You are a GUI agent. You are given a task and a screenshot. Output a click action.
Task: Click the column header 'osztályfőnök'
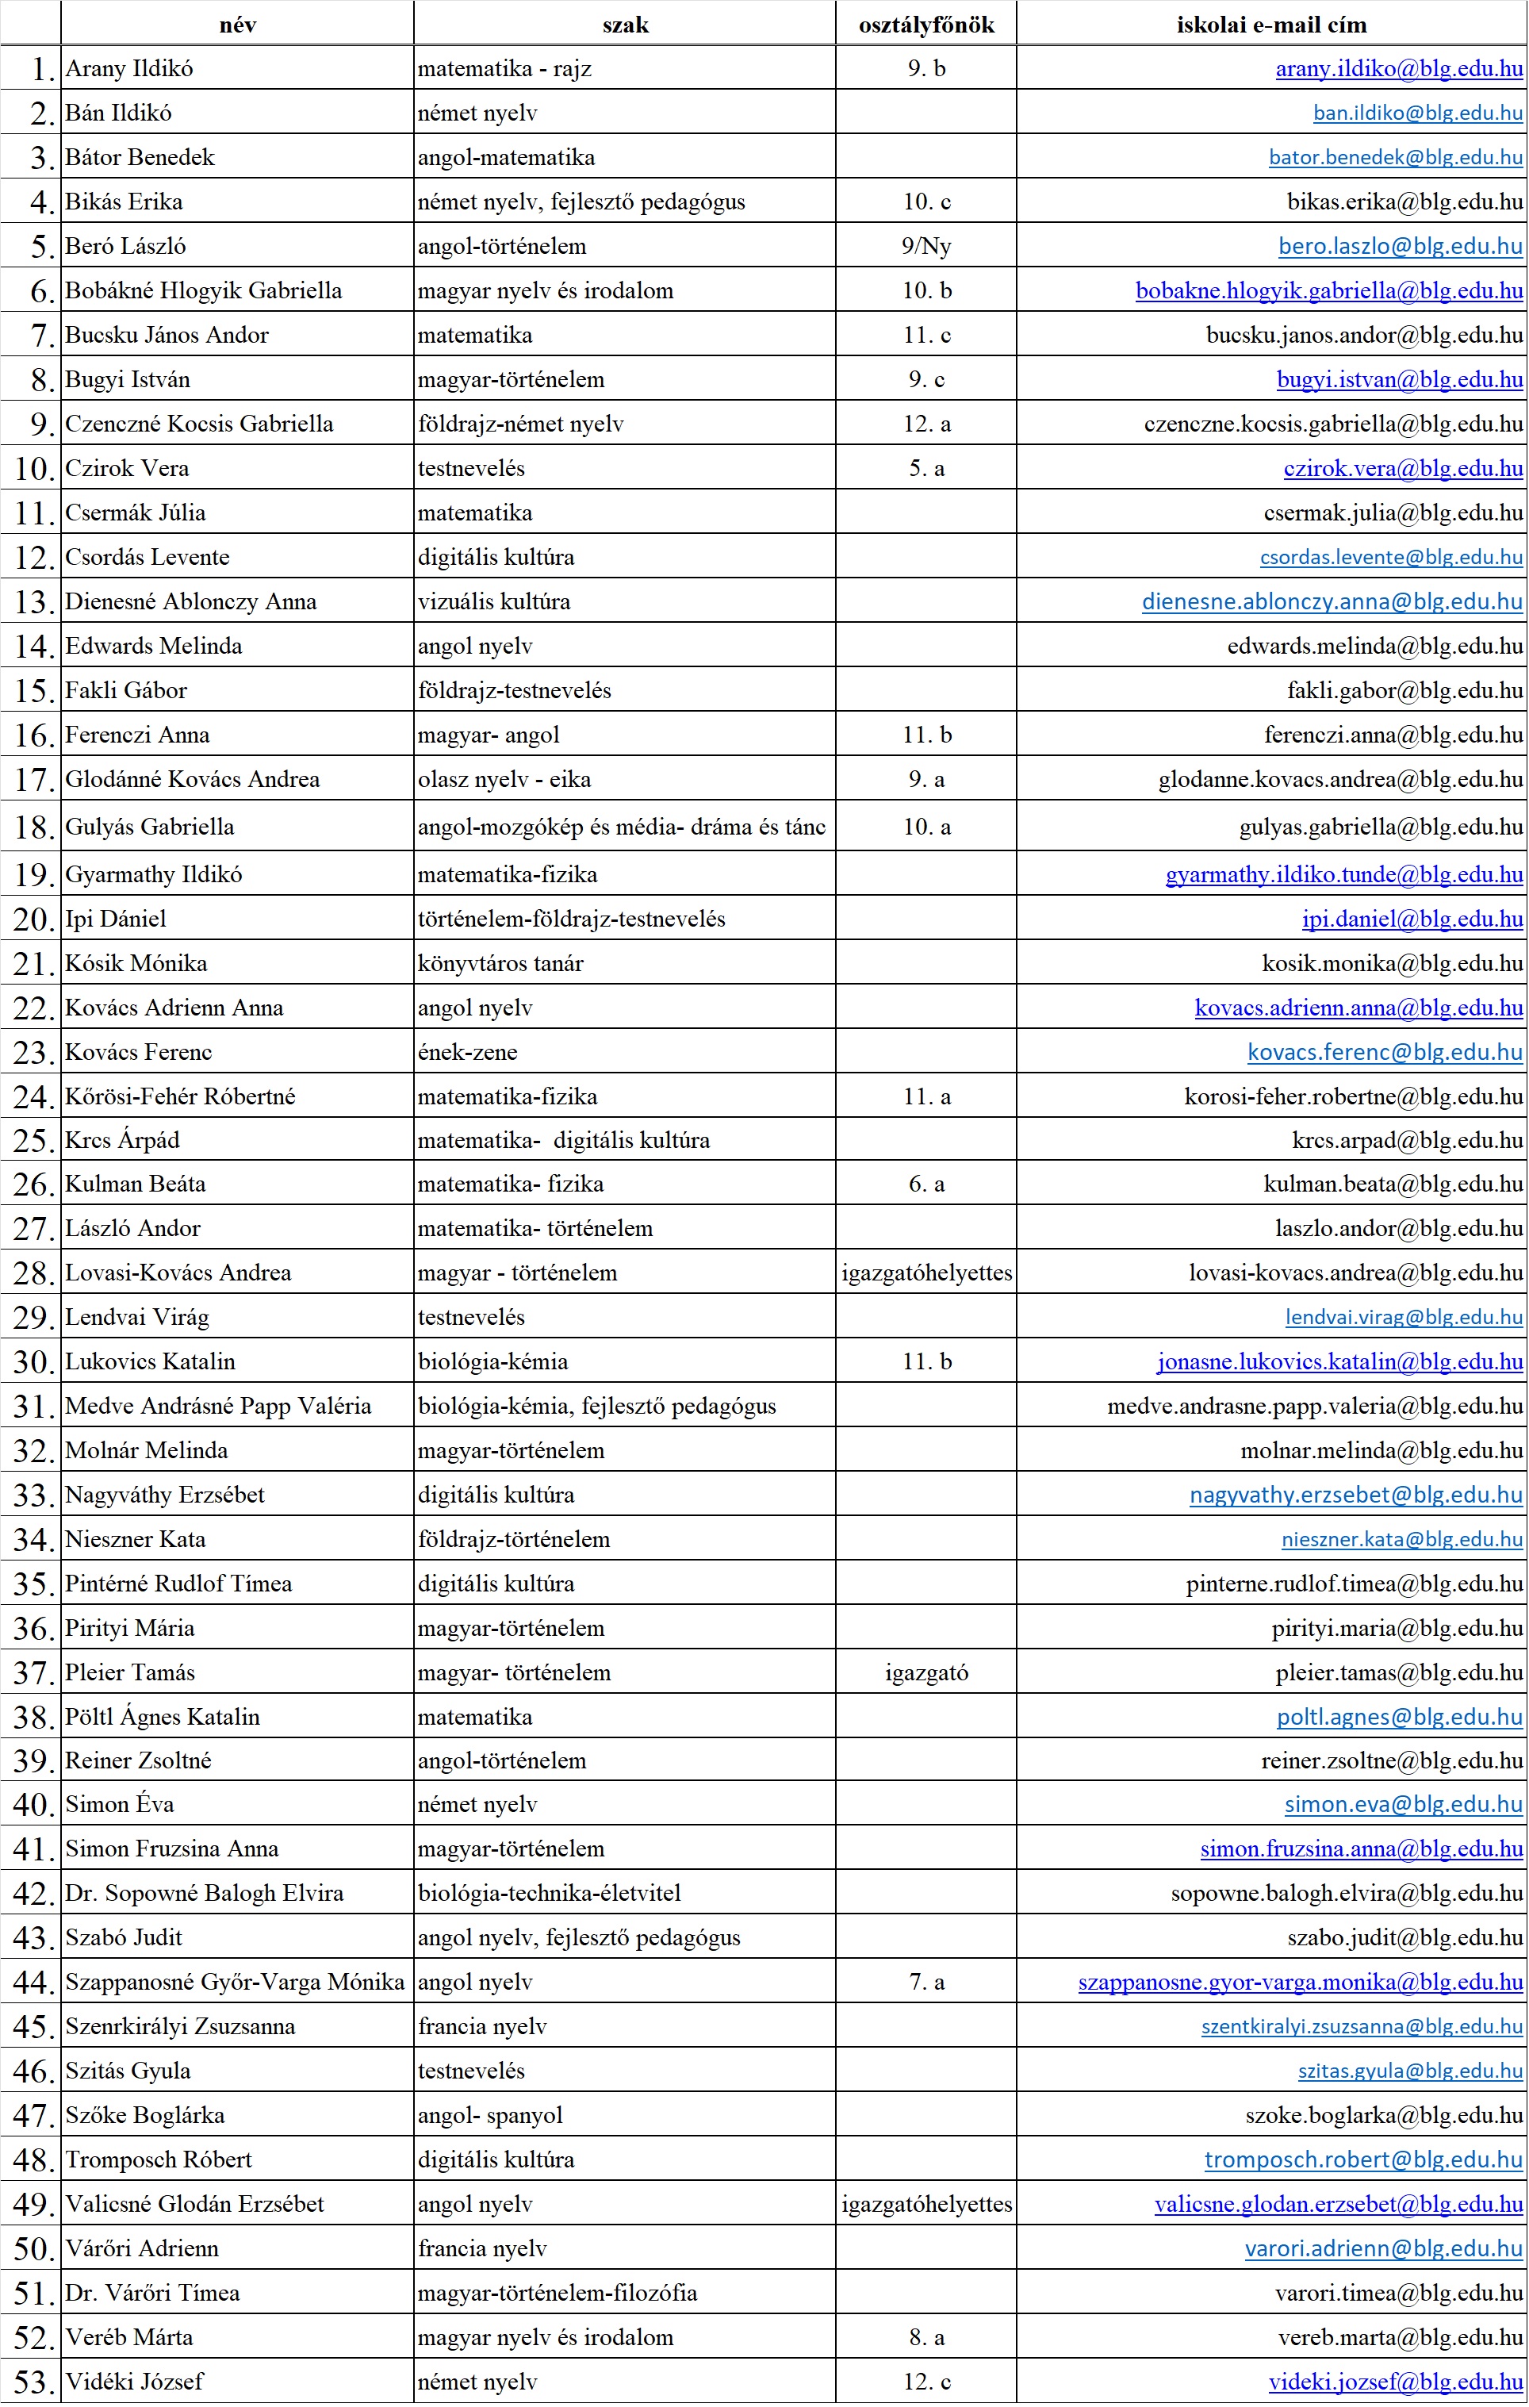tap(925, 25)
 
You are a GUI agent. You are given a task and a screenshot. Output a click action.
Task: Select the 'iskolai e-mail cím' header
tap(1270, 25)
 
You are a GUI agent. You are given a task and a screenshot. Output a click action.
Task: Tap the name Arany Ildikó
tap(129, 69)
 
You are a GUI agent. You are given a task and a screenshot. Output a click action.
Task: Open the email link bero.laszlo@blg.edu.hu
tap(1400, 246)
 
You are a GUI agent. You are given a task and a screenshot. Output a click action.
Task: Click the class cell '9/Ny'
tap(925, 246)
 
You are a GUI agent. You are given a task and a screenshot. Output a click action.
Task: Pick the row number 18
tap(33, 827)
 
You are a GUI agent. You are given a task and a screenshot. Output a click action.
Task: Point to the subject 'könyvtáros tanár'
tap(500, 964)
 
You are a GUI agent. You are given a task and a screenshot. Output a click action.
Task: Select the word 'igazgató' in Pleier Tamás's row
tap(925, 1673)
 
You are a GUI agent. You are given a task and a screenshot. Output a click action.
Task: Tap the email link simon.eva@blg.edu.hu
tap(1403, 1804)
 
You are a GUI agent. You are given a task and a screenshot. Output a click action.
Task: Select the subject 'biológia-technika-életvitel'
tap(549, 1893)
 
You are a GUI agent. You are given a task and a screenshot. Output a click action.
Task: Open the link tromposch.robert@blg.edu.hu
tap(1363, 2160)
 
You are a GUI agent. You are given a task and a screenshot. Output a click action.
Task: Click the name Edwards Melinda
tap(153, 647)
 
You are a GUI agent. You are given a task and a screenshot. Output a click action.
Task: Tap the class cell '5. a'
tap(925, 469)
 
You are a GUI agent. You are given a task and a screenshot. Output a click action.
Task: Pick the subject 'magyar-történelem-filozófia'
tap(557, 2293)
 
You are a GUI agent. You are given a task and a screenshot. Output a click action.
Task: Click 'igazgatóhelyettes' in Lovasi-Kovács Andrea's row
tap(925, 1273)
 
